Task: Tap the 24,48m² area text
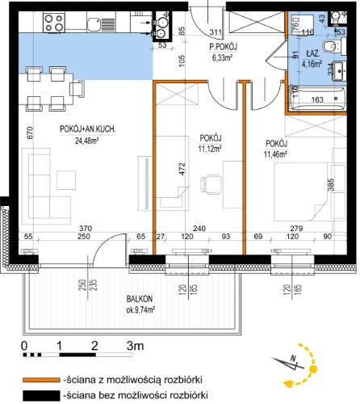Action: point(87,141)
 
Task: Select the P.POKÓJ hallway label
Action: point(224,48)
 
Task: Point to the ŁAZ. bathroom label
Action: point(313,53)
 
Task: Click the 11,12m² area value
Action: point(210,149)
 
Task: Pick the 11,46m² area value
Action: point(275,154)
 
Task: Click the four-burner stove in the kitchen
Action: point(54,23)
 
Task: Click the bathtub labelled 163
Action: point(317,99)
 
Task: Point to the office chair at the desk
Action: point(211,184)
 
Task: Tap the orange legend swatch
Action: point(41,380)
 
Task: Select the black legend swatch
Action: point(41,396)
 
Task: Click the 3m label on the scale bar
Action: point(135,346)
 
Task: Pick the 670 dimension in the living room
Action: point(30,133)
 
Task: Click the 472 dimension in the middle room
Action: point(182,169)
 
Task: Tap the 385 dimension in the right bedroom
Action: point(332,185)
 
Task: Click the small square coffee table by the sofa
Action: point(66,180)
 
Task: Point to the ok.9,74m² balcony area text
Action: point(140,310)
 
